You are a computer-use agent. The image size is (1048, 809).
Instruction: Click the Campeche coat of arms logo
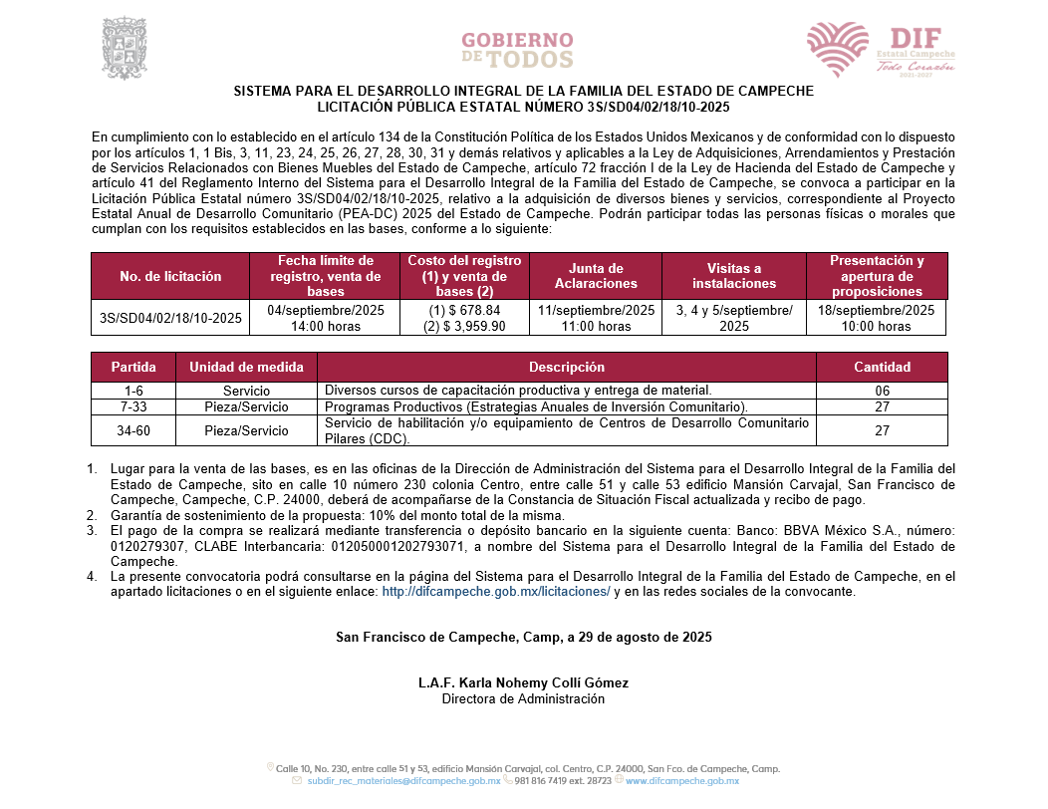click(126, 47)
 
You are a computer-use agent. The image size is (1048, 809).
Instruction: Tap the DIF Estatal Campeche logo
click(881, 49)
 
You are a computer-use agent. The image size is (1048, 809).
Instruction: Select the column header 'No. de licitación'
click(170, 276)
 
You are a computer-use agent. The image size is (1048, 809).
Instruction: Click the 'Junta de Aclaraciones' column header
click(596, 276)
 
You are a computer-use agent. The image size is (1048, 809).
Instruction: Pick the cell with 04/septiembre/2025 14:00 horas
click(326, 318)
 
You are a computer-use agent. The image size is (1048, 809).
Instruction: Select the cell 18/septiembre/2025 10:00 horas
click(877, 318)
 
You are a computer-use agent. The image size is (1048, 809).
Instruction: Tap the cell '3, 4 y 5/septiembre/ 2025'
click(734, 318)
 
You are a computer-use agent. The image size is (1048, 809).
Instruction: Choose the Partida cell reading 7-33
click(133, 406)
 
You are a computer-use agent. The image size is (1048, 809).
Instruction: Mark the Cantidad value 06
click(882, 391)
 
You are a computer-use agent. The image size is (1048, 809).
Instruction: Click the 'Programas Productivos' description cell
click(536, 406)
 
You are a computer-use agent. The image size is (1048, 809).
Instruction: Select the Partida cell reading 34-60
click(133, 430)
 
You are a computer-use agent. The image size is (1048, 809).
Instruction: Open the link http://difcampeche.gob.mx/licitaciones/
click(496, 591)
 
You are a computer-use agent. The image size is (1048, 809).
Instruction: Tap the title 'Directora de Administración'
click(524, 698)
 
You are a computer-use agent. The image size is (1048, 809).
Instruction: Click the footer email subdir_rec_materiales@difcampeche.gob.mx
click(403, 782)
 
